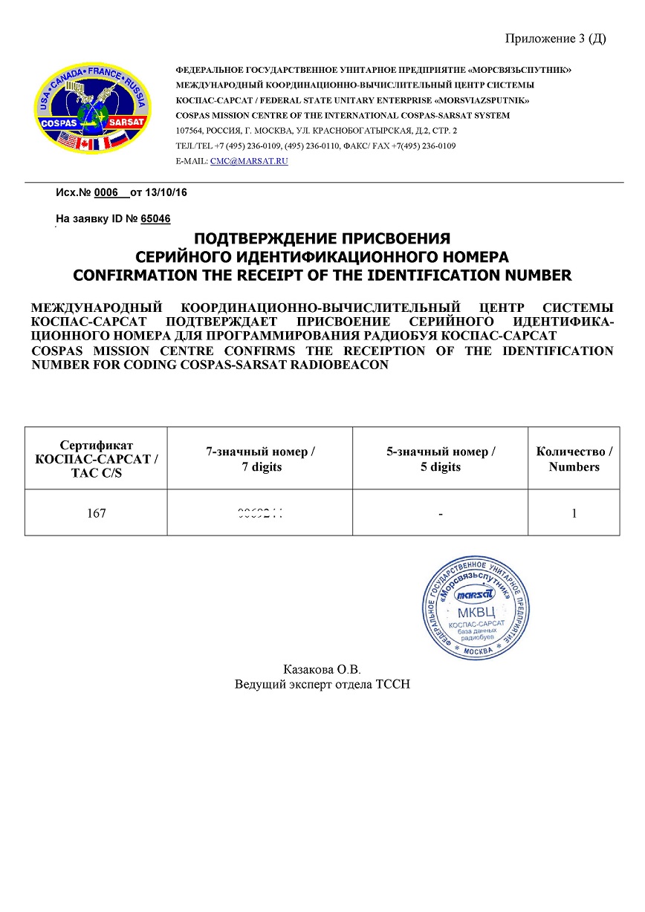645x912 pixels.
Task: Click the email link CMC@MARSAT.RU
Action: (249, 160)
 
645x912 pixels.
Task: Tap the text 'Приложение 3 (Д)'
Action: (555, 39)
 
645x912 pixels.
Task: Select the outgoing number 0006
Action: (107, 192)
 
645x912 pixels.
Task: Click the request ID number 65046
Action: (155, 219)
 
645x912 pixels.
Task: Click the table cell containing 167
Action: (96, 513)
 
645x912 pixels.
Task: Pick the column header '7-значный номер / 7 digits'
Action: (260, 459)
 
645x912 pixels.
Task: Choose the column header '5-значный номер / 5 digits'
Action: (441, 459)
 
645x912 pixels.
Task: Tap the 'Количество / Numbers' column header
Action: (574, 459)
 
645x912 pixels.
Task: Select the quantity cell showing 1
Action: (574, 513)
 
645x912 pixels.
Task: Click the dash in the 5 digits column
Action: (441, 513)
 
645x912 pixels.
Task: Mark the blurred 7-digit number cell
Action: (260, 513)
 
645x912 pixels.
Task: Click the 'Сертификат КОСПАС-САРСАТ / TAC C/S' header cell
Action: (96, 459)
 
